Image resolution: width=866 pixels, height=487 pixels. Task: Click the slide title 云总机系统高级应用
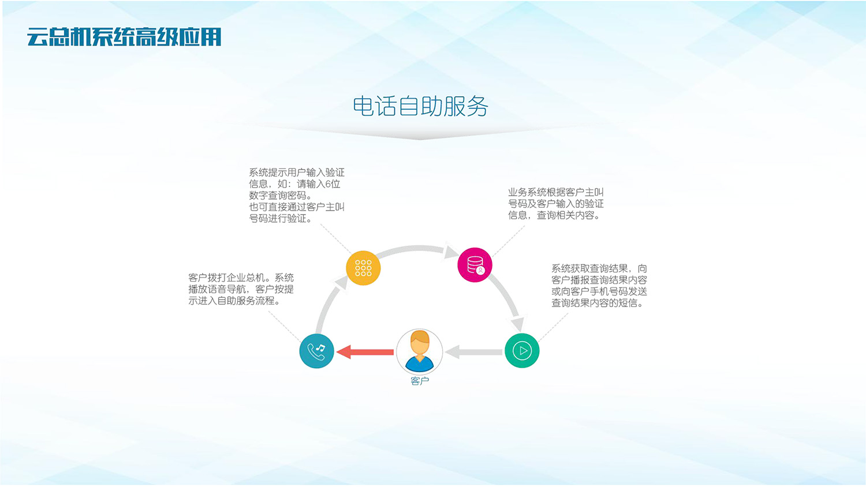coord(124,37)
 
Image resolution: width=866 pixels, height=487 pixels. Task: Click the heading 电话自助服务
coord(420,107)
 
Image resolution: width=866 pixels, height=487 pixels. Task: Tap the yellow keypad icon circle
coord(363,268)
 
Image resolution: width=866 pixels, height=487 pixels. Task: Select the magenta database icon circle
coord(475,265)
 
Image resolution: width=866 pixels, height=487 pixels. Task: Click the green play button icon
coord(522,350)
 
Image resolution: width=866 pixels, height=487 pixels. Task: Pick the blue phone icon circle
coord(316,351)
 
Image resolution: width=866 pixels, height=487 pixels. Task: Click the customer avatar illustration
coord(420,351)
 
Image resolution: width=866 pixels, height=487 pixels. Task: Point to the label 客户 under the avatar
coord(420,381)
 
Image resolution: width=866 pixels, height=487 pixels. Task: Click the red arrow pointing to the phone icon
coord(365,351)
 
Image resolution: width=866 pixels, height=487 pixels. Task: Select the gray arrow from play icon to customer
coord(473,351)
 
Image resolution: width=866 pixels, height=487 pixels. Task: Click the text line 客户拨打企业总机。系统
coord(241,278)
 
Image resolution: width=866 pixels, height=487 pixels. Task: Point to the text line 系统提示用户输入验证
coord(296,173)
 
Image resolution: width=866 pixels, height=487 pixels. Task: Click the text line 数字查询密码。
coord(281,196)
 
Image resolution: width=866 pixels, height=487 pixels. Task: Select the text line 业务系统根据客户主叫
coord(555,192)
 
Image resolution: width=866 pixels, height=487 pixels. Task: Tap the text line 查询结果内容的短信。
coord(597,303)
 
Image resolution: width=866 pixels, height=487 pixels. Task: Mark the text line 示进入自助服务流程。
coord(234,301)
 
